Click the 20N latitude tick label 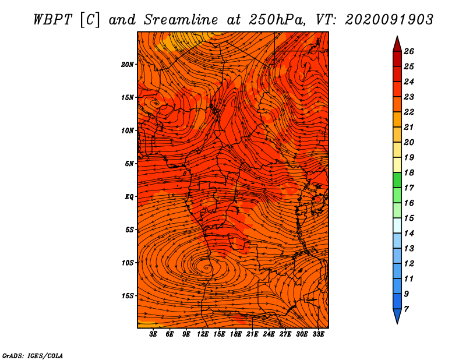127,65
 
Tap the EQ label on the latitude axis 129,197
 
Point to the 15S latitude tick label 128,296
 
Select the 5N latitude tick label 129,164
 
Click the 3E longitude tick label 153,334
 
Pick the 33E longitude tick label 318,334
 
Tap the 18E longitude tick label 236,334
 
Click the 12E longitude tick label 203,334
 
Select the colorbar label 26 409,51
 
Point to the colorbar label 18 409,172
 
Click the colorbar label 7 406,309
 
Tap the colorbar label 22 409,112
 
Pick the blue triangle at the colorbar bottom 397,315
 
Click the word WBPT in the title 53,20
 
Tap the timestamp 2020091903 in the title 389,20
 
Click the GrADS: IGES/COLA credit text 33,356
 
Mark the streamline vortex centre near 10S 206,267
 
